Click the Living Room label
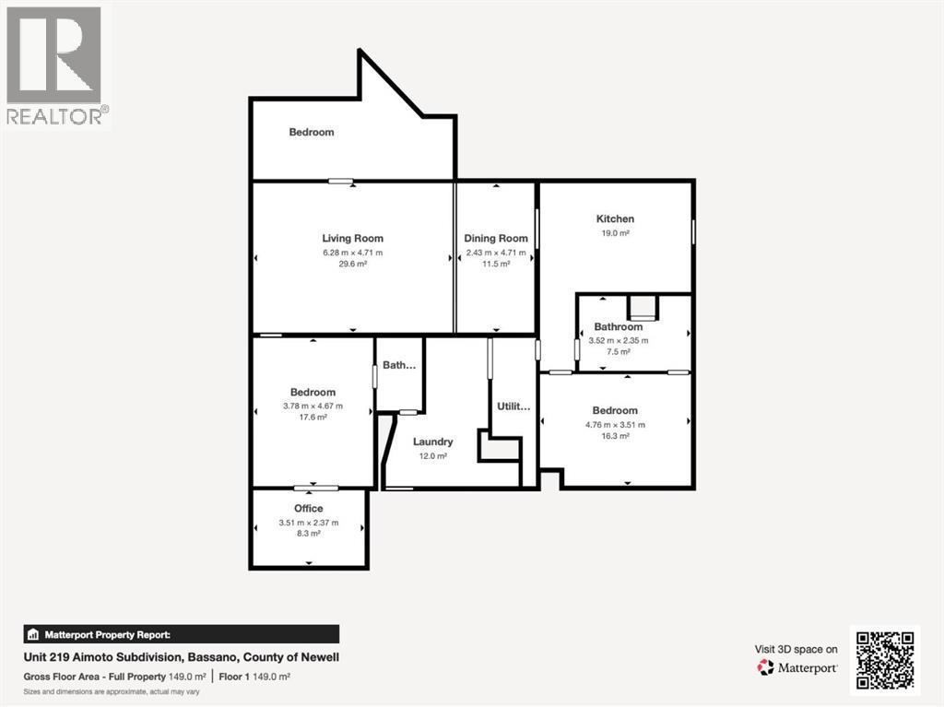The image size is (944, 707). (352, 238)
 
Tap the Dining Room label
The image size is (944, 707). (496, 238)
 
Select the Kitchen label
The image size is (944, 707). (615, 218)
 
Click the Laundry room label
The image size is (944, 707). (432, 442)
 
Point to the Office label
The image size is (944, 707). (309, 508)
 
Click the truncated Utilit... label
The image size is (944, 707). (513, 406)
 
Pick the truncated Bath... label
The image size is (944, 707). (399, 365)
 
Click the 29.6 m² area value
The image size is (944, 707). (352, 264)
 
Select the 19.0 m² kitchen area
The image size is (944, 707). (615, 234)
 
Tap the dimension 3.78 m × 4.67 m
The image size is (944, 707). (313, 406)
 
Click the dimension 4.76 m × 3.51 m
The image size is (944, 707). (615, 425)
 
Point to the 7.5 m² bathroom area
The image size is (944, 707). (618, 352)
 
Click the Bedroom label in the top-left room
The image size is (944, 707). (312, 132)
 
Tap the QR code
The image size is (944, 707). (884, 661)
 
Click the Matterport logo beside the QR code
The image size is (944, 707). (797, 667)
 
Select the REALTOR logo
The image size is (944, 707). (55, 65)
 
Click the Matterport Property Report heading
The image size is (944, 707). (109, 634)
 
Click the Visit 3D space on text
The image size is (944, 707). (796, 649)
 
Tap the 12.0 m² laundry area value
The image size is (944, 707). (432, 455)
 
